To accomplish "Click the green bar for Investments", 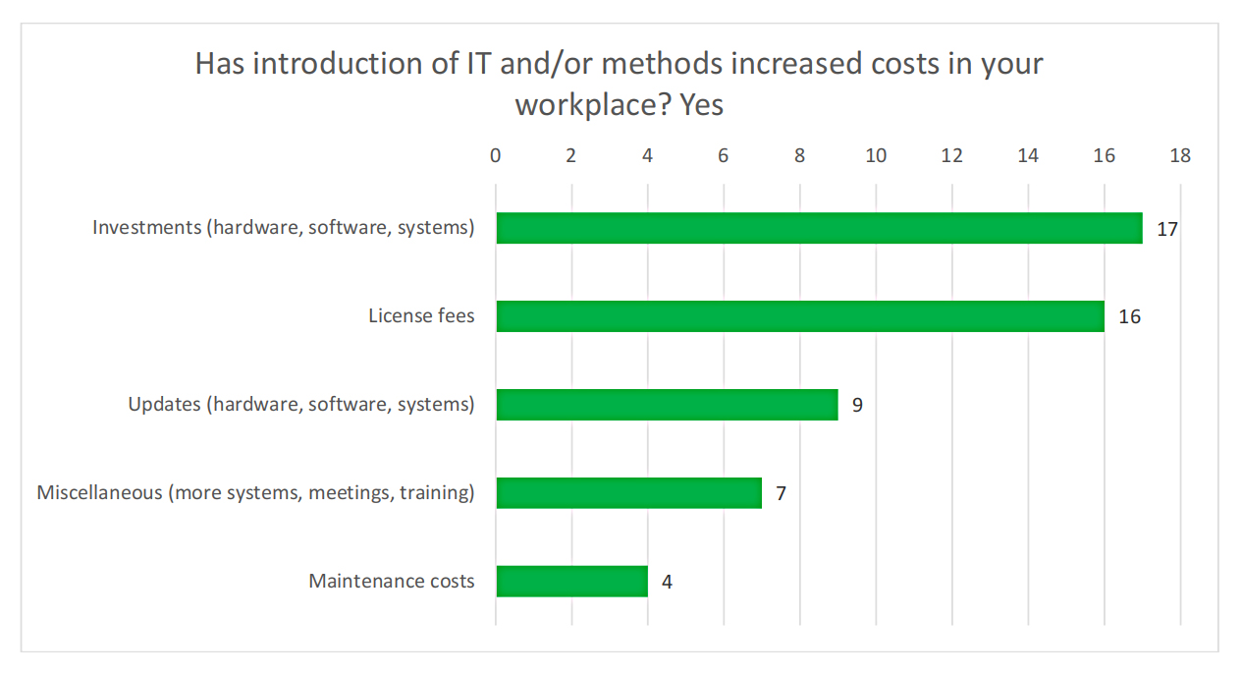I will (x=819, y=228).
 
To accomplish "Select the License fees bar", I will (x=800, y=316).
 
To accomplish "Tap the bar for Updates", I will (x=667, y=405).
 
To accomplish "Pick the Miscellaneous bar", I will (x=628, y=492).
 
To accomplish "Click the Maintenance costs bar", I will (x=571, y=581).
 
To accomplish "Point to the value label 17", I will (x=1166, y=229).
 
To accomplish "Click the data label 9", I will (x=857, y=405).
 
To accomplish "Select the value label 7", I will (x=781, y=493).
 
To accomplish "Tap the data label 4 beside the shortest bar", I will (x=667, y=582).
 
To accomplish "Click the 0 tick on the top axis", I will (x=496, y=155).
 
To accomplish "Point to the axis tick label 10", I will (x=876, y=155).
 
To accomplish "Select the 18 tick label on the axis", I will (x=1180, y=155).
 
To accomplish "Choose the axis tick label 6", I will (x=724, y=155).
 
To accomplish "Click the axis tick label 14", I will (x=1028, y=155).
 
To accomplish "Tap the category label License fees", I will (x=421, y=316).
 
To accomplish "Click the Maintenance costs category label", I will (x=392, y=581).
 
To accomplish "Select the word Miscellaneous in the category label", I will (x=99, y=492).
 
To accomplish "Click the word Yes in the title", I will (x=701, y=104).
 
